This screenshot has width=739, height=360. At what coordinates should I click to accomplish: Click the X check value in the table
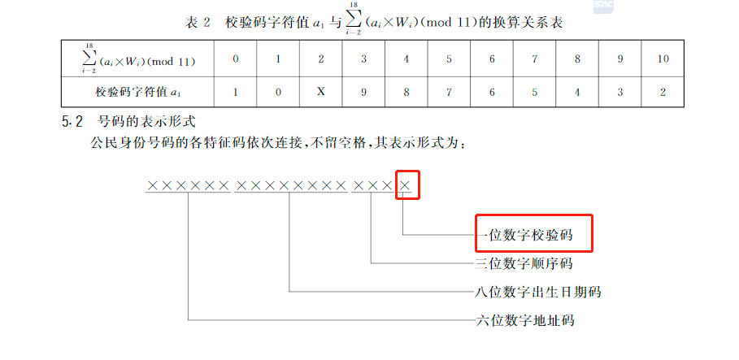click(x=321, y=92)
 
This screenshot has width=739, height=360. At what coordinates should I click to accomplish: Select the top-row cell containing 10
click(x=663, y=59)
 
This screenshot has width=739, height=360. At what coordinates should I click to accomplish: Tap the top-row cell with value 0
click(x=236, y=59)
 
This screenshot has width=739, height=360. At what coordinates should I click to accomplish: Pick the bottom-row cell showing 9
click(x=363, y=92)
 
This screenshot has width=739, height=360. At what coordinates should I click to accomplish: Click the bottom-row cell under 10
click(x=663, y=92)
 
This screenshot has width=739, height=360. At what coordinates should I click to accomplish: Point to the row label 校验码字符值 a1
click(x=137, y=92)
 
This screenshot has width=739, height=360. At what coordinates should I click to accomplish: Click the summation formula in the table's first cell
click(x=137, y=59)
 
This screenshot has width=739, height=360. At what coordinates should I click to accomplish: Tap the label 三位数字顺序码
click(x=524, y=263)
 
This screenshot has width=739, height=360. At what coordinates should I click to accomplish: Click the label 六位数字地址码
click(x=524, y=319)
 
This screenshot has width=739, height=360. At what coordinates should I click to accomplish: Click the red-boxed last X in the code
click(x=407, y=186)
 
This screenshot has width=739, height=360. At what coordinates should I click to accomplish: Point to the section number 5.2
click(x=72, y=123)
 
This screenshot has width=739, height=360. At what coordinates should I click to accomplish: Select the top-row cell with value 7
click(x=534, y=59)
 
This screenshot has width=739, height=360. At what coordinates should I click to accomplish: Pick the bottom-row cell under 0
click(x=236, y=92)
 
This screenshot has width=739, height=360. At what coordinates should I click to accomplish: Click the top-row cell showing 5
click(x=449, y=59)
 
